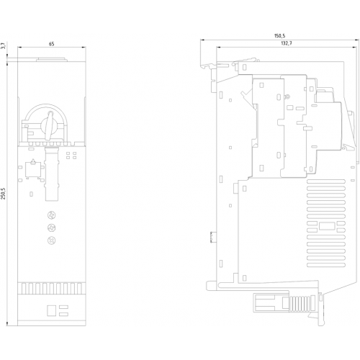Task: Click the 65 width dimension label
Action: coord(51,44)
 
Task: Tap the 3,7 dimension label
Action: coord(3,46)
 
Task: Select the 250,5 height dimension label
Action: coord(3,194)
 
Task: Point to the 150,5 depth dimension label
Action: coord(279,36)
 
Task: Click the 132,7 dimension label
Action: coord(287,43)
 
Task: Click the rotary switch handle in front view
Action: coord(50,125)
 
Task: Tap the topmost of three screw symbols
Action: coord(52,215)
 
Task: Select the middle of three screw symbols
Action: coord(52,228)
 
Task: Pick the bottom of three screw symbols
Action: coord(52,240)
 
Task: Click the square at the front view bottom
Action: coord(51,310)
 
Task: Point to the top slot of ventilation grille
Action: coord(326,181)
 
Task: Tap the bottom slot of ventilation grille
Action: coord(326,265)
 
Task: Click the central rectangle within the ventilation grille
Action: coord(327,227)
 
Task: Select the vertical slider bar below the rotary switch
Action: coord(52,174)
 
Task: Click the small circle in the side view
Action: coord(287,97)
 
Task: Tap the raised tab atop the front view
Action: coord(52,59)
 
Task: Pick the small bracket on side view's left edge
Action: coord(212,237)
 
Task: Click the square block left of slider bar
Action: coord(33,169)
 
